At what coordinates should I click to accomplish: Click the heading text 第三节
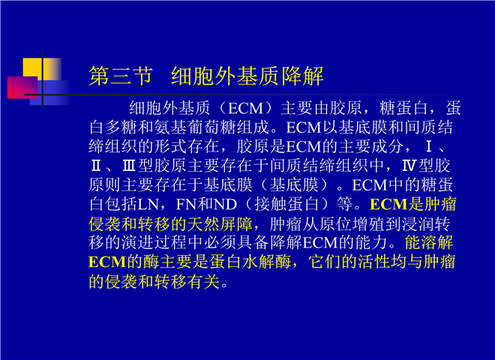(x=121, y=76)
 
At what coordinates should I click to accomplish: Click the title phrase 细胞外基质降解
(x=247, y=76)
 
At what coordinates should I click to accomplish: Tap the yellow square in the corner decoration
(x=42, y=69)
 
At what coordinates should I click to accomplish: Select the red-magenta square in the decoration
(x=22, y=88)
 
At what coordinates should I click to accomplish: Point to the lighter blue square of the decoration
(x=50, y=92)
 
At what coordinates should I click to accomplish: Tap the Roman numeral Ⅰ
(x=428, y=147)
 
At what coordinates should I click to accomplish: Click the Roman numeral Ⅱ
(x=96, y=166)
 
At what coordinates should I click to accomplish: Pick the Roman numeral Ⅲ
(x=129, y=166)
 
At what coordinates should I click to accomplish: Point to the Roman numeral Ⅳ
(x=409, y=166)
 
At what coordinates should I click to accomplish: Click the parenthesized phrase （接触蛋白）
(x=286, y=204)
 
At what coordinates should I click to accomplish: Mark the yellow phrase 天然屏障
(x=220, y=224)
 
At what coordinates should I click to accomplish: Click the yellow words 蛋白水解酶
(x=250, y=262)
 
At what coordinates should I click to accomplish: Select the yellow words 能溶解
(x=429, y=243)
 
